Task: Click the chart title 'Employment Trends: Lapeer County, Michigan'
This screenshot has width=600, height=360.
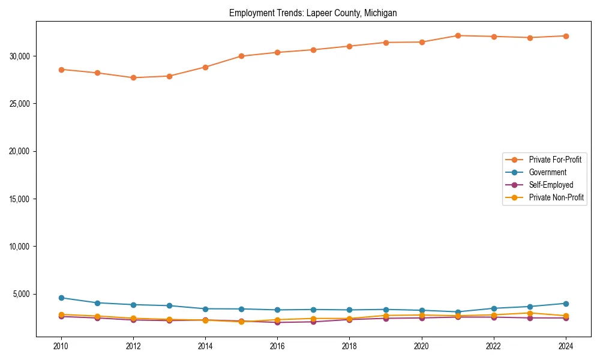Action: coord(313,13)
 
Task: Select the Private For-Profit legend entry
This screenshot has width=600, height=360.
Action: coord(550,160)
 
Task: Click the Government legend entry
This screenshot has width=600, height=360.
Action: coord(547,172)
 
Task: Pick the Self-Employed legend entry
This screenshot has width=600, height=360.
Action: coord(551,185)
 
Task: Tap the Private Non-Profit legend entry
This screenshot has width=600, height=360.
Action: coord(556,197)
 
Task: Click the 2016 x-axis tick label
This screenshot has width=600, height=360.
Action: coord(277,346)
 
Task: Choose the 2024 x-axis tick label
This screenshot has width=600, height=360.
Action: coord(565,346)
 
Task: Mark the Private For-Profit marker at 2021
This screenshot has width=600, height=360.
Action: coord(458,35)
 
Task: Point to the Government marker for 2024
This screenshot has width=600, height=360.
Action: coord(566,304)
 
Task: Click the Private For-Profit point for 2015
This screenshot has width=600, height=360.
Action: coord(241,56)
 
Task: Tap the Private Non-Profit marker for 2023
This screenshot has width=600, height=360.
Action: coord(530,313)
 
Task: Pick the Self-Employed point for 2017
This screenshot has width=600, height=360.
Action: coord(313,322)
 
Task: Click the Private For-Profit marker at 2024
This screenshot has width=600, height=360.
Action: coord(566,36)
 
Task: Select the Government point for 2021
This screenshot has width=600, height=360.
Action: coord(458,312)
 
